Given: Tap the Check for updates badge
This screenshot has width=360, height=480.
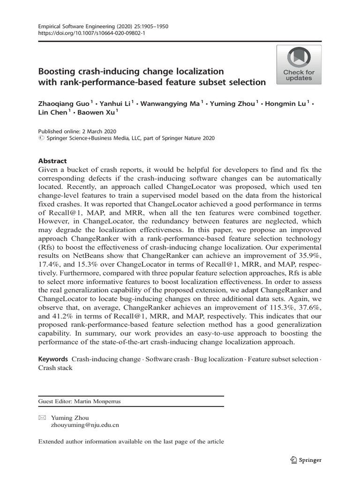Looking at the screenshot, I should click(x=299, y=65).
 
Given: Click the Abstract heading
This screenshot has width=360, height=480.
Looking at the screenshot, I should click(x=52, y=160).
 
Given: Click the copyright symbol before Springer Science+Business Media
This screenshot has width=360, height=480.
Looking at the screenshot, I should click(x=41, y=139).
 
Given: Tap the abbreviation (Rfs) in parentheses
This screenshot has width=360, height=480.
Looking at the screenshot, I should click(x=46, y=247).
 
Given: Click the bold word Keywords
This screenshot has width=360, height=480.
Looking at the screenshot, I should click(x=53, y=359).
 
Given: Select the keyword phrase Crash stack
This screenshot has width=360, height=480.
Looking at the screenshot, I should click(x=55, y=368).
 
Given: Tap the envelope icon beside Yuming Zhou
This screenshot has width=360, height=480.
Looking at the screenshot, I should click(x=41, y=418).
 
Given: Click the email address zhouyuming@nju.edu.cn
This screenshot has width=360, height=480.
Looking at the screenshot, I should click(x=85, y=425).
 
